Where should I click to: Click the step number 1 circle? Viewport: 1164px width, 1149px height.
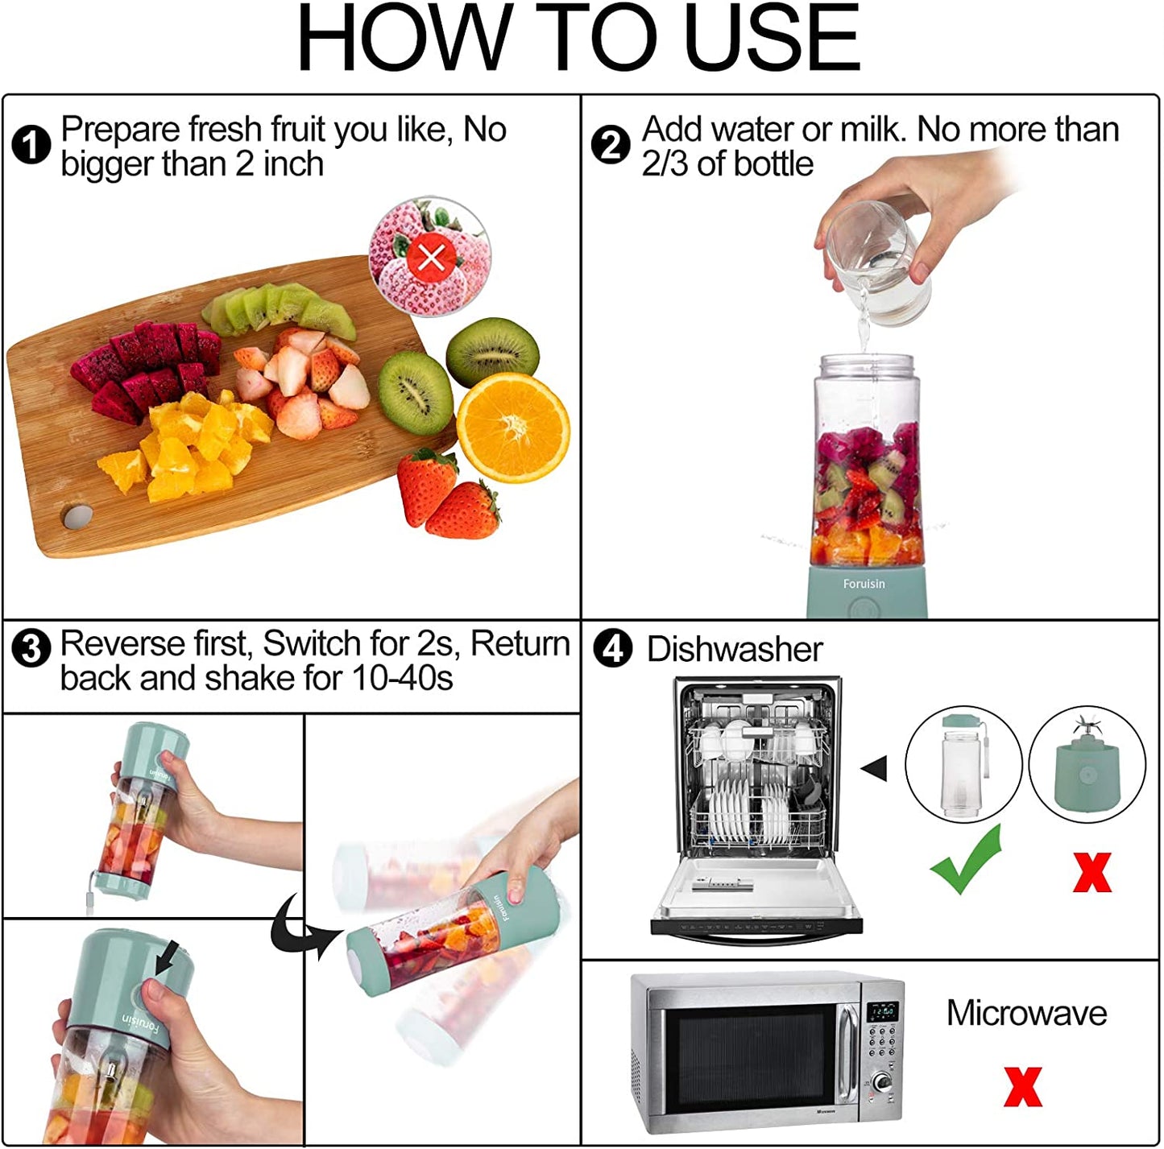click(31, 146)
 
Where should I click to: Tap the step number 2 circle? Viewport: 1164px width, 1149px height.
click(611, 146)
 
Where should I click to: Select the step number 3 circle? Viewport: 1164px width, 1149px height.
click(31, 649)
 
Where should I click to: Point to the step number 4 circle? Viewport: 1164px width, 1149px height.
click(613, 649)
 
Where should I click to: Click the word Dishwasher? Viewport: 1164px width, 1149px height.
click(734, 650)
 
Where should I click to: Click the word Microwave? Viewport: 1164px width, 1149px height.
click(1026, 1013)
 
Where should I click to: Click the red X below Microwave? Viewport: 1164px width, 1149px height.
click(1022, 1086)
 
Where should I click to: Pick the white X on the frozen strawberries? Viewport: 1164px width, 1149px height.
click(432, 258)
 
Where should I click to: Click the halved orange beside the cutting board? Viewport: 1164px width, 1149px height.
click(512, 427)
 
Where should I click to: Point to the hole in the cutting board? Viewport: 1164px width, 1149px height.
click(77, 516)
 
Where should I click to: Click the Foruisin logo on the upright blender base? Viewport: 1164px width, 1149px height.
click(864, 584)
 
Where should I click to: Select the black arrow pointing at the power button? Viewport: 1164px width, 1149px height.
click(168, 957)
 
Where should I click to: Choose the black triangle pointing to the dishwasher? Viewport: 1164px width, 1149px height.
click(875, 768)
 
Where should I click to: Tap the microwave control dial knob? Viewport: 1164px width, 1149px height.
click(882, 1081)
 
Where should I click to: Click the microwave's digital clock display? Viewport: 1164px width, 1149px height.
click(883, 1011)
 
